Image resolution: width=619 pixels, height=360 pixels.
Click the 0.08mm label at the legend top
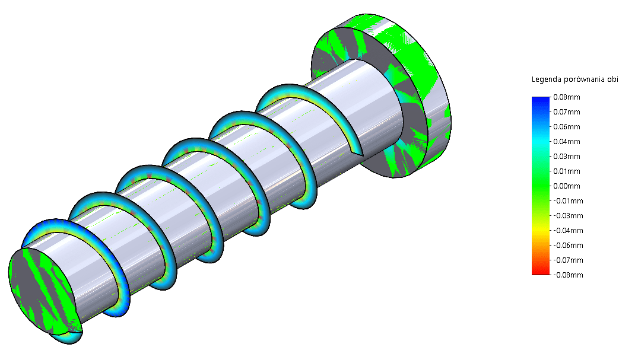tap(567, 97)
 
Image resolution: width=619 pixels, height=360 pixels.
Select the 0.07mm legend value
tap(567, 111)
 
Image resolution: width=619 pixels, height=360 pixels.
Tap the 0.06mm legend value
tap(567, 126)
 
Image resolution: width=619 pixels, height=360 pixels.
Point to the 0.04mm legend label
tap(567, 141)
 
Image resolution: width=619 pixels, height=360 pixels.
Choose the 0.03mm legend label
tap(567, 156)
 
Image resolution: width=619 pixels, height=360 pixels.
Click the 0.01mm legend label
tap(567, 171)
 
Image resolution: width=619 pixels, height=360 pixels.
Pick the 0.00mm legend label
tap(567, 186)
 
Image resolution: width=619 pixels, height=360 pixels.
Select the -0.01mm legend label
tap(568, 200)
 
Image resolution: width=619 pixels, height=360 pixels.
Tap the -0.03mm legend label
tap(568, 215)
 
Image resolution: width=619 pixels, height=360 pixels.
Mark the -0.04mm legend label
tap(568, 230)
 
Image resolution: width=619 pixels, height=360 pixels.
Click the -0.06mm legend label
tap(568, 245)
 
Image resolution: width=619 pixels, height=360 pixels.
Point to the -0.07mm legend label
tap(568, 260)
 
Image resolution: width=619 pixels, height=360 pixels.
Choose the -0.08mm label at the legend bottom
tap(568, 275)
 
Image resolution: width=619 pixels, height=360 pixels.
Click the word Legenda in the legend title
tap(547, 79)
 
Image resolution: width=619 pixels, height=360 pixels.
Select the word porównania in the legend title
tap(585, 79)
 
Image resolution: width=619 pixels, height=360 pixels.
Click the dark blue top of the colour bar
tap(541, 99)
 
